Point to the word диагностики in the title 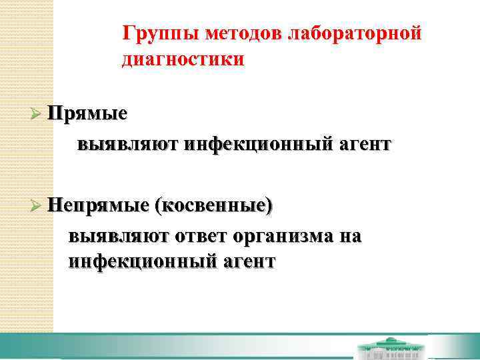click(183, 59)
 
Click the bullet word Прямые click(87, 114)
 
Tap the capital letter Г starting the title click(128, 33)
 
